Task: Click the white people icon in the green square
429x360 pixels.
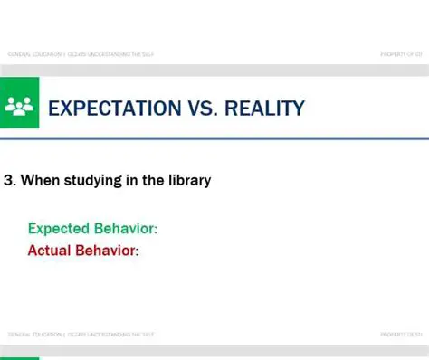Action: pos(18,107)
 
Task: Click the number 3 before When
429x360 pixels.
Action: pos(8,181)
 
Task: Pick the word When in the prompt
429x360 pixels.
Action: pos(38,181)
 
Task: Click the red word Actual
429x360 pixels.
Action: pos(50,250)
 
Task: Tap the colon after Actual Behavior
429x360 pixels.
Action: pos(137,251)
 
